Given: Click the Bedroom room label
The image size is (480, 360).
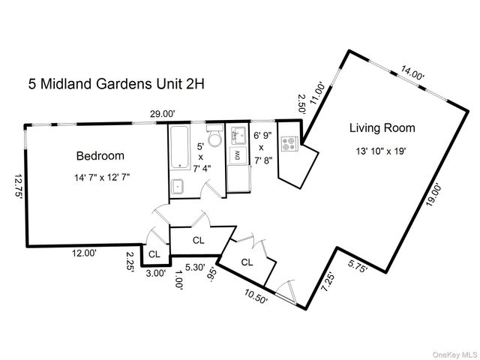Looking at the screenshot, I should (x=100, y=156).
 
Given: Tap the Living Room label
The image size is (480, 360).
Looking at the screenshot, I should (x=382, y=128).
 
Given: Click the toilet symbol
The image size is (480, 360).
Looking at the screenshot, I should (x=214, y=139).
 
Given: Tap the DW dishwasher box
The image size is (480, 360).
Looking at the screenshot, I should (x=237, y=156).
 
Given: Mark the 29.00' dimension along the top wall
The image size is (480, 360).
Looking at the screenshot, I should (x=162, y=113).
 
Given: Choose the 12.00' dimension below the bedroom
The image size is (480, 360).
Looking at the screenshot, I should (x=83, y=253).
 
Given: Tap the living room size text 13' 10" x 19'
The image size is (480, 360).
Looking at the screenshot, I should (x=382, y=151).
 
